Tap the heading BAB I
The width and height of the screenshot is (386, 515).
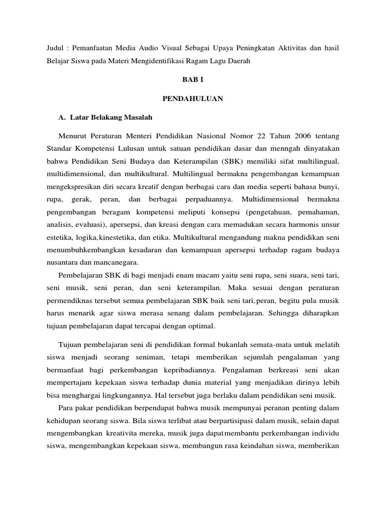pos(192,79)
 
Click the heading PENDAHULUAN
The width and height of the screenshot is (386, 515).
pos(192,99)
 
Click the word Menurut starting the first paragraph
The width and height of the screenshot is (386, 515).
pos(73,137)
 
